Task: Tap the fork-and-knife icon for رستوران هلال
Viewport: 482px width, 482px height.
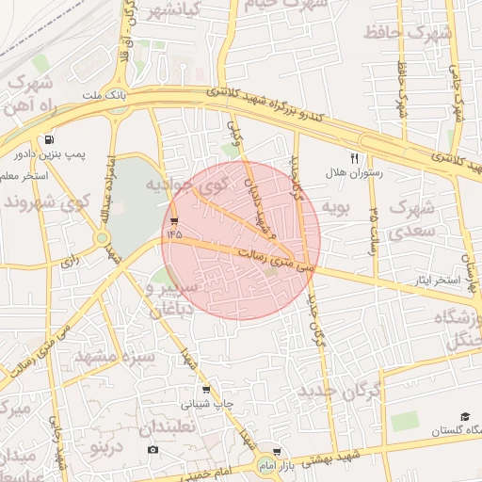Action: click(x=354, y=159)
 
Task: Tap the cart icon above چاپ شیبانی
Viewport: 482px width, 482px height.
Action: click(x=206, y=390)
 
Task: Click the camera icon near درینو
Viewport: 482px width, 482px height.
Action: click(x=153, y=450)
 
